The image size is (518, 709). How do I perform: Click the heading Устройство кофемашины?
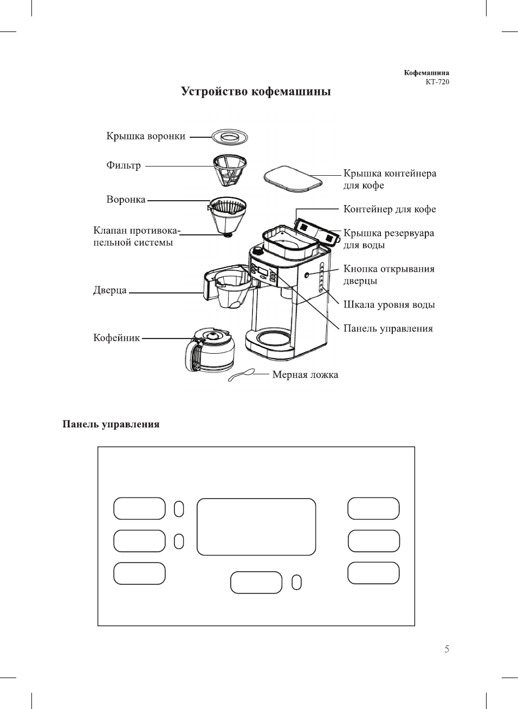[x=256, y=91]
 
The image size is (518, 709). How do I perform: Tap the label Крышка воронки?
[x=146, y=136]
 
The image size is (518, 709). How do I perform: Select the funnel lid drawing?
[x=229, y=137]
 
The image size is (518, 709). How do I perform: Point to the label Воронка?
[x=126, y=200]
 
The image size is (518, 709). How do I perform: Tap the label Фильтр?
[x=124, y=165]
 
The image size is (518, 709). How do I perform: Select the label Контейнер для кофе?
[x=390, y=209]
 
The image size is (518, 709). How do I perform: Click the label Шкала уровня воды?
[x=389, y=305]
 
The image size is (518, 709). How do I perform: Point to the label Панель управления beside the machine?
[x=388, y=329]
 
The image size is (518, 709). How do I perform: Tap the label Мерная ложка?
[x=305, y=375]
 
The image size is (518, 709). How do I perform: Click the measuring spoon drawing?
[x=241, y=375]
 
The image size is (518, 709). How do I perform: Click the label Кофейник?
[x=116, y=338]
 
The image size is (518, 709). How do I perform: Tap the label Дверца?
[x=110, y=290]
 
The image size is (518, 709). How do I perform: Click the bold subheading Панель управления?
[x=111, y=424]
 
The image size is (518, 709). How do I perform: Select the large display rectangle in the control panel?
[x=256, y=527]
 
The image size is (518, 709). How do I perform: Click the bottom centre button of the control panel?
[x=256, y=582]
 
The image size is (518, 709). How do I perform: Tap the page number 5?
[x=446, y=649]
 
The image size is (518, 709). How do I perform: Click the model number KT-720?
[x=437, y=82]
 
